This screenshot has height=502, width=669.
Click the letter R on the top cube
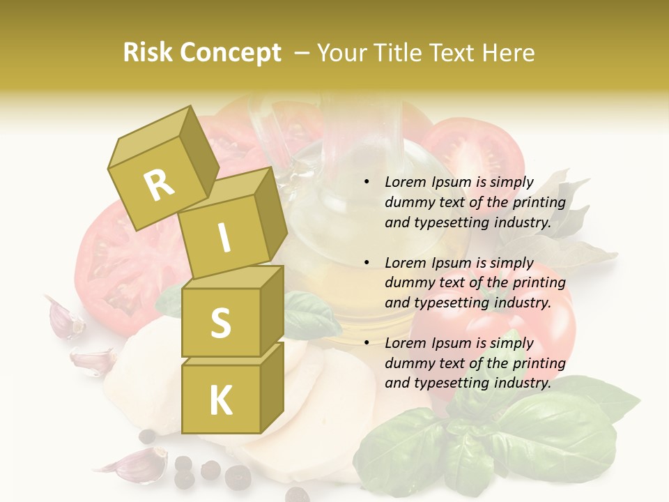pyautogui.click(x=159, y=185)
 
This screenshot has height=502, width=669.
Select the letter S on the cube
pyautogui.click(x=220, y=322)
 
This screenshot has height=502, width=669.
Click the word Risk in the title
pyautogui.click(x=148, y=53)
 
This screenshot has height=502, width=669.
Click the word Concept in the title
pyautogui.click(x=230, y=53)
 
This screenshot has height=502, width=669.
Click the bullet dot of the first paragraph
pyautogui.click(x=367, y=183)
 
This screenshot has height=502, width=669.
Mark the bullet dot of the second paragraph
pyautogui.click(x=367, y=263)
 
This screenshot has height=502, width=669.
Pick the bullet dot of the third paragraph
pyautogui.click(x=367, y=343)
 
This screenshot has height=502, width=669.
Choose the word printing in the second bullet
pyautogui.click(x=540, y=282)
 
